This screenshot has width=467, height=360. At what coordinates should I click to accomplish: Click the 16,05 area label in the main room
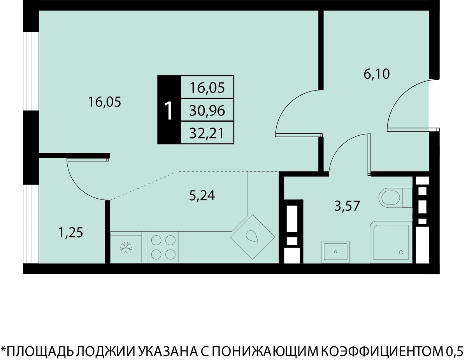click(x=104, y=102)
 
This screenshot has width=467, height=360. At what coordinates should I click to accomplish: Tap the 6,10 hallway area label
click(x=377, y=74)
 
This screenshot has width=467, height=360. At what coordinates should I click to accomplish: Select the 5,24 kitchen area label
click(x=202, y=196)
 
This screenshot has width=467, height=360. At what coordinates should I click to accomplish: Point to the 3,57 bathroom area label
click(x=347, y=206)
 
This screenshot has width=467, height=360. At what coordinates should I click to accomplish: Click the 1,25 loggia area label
click(x=70, y=233)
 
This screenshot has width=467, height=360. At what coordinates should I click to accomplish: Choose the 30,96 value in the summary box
click(x=207, y=111)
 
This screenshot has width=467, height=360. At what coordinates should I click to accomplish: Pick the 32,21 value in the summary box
click(x=207, y=133)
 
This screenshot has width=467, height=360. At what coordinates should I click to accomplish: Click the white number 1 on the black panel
click(x=169, y=111)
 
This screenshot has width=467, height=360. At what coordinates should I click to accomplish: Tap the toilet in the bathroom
click(x=395, y=197)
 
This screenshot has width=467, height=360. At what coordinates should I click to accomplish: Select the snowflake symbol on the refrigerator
click(x=126, y=248)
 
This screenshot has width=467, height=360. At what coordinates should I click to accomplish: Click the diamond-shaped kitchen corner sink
click(x=253, y=237)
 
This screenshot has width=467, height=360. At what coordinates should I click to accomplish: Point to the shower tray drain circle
click(x=401, y=252)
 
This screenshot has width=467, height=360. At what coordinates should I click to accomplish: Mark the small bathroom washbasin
click(x=335, y=252)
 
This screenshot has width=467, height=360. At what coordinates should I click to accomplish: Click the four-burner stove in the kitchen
click(x=163, y=247)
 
